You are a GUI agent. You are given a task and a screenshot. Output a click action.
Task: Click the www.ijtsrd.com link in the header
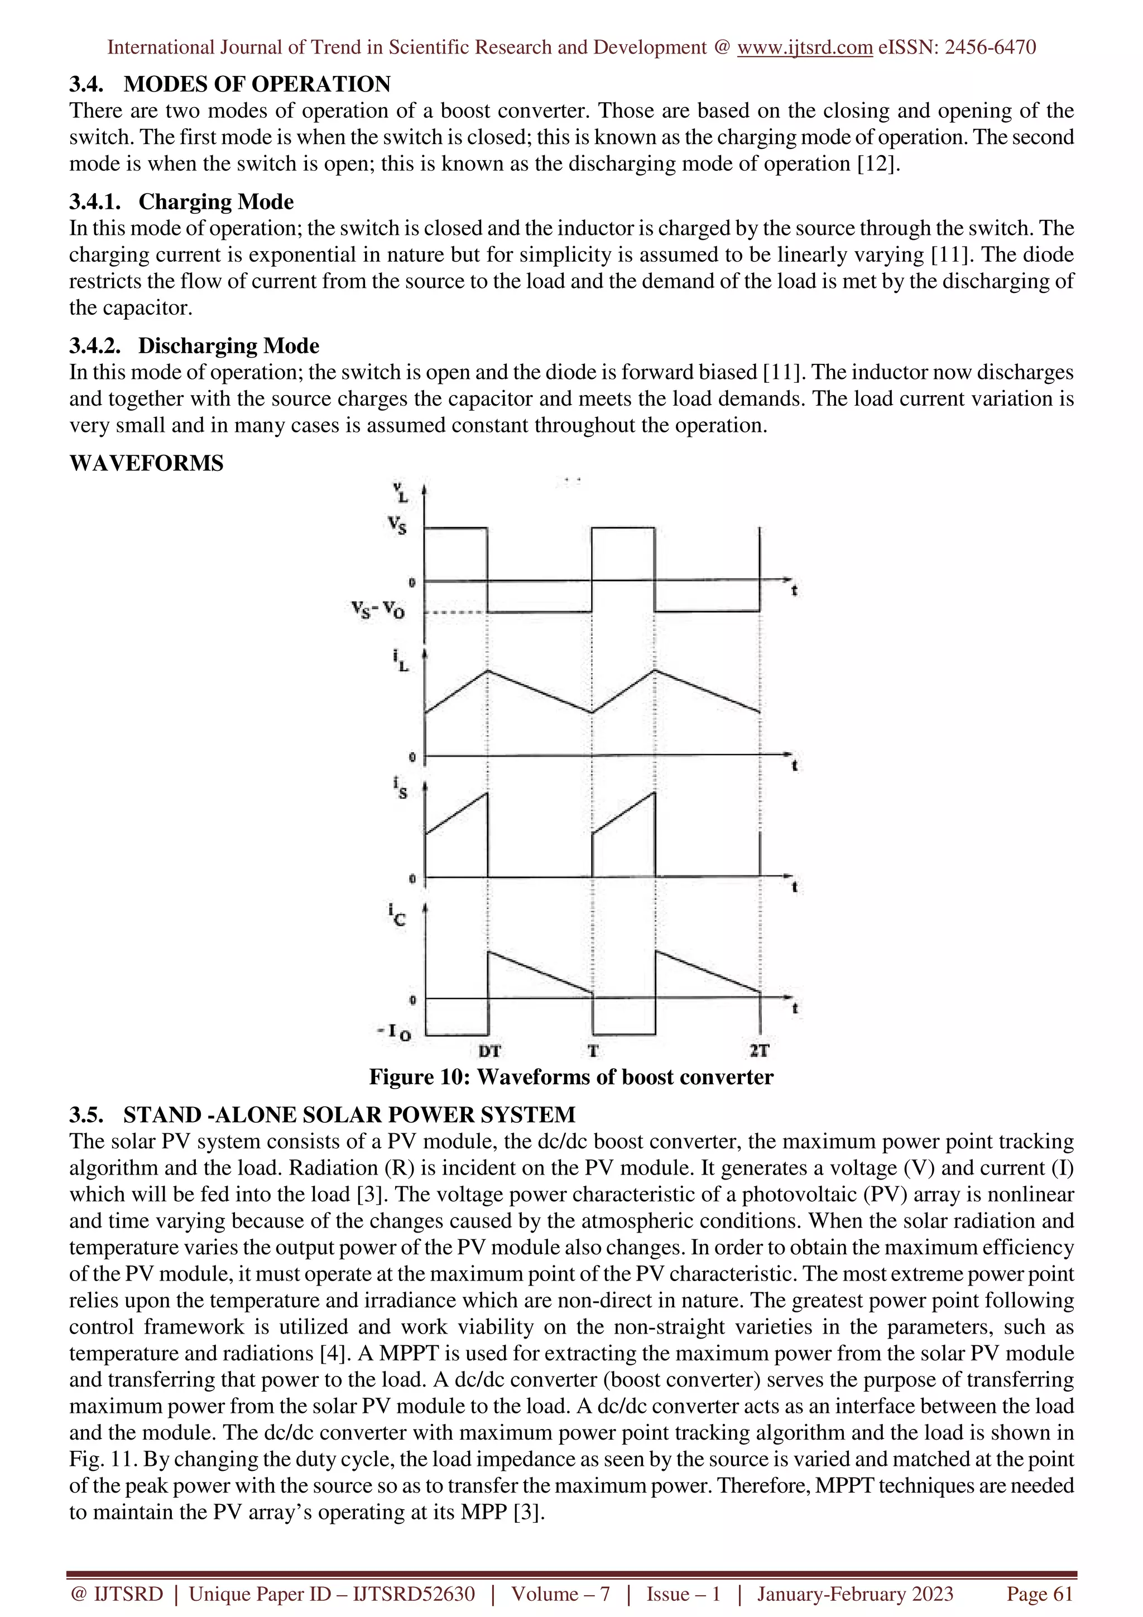click(x=804, y=47)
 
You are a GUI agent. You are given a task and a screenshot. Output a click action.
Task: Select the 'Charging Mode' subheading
click(x=215, y=201)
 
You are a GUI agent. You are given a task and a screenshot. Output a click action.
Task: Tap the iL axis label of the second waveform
click(x=401, y=661)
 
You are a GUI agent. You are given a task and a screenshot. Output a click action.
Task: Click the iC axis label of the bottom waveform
click(x=396, y=916)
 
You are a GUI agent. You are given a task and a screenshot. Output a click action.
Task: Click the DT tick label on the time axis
click(x=489, y=1051)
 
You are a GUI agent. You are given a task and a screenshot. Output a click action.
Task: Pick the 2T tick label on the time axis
click(x=759, y=1051)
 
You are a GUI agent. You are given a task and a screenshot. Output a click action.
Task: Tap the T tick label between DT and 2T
click(x=593, y=1051)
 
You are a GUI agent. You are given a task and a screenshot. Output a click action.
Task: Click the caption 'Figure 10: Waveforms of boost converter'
click(x=570, y=1077)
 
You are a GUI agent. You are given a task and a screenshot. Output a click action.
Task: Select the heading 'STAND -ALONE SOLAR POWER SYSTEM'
click(x=349, y=1115)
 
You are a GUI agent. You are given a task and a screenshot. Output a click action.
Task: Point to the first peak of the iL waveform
click(x=487, y=671)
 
